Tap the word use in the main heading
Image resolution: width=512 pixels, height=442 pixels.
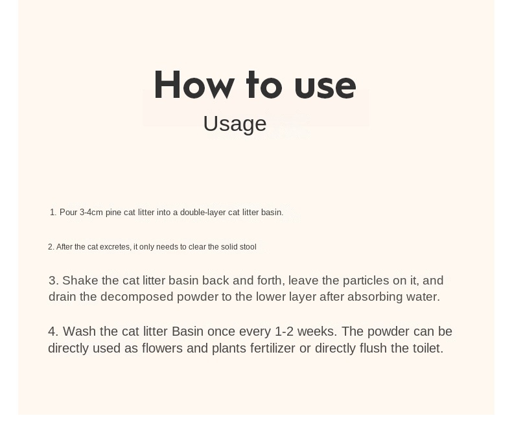pyautogui.click(x=325, y=87)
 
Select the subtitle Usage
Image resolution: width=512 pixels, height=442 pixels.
pyautogui.click(x=235, y=124)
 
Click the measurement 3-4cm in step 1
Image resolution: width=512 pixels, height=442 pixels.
pyautogui.click(x=91, y=213)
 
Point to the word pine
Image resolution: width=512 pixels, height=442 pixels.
pyautogui.click(x=113, y=213)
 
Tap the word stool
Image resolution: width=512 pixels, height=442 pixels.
pyautogui.click(x=248, y=247)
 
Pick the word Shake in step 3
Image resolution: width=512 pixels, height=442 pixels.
pyautogui.click(x=80, y=281)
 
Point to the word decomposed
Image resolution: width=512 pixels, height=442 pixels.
pyautogui.click(x=137, y=297)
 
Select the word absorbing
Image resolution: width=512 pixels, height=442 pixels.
pyautogui.click(x=375, y=297)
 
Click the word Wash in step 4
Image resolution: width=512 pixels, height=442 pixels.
pyautogui.click(x=80, y=331)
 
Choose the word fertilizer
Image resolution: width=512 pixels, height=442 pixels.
pyautogui.click(x=273, y=348)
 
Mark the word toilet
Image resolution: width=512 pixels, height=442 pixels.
pyautogui.click(x=428, y=348)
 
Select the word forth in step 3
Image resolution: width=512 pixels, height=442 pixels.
pyautogui.click(x=271, y=281)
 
